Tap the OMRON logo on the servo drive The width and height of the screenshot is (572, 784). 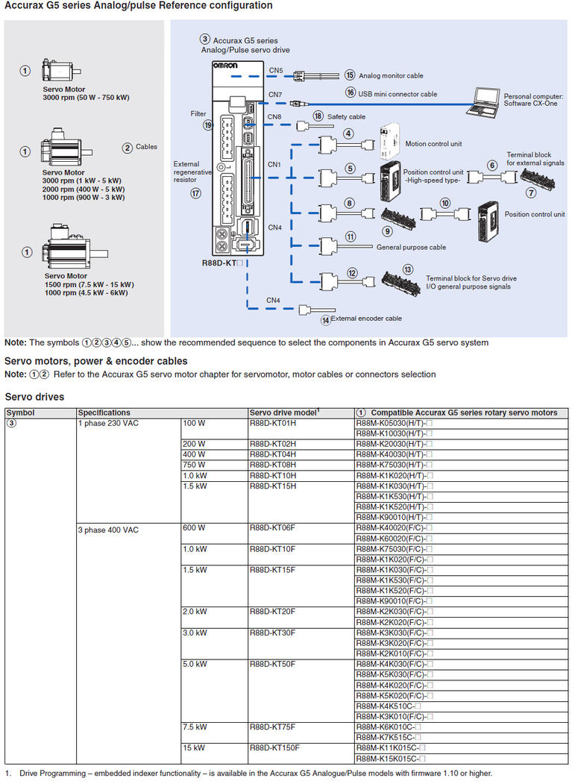(x=227, y=66)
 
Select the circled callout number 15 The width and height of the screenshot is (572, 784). (x=350, y=75)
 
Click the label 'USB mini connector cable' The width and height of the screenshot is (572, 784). (x=398, y=94)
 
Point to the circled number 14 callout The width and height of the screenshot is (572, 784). (x=325, y=320)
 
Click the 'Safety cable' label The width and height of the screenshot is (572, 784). (x=346, y=117)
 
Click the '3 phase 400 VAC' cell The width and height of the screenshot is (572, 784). (x=109, y=530)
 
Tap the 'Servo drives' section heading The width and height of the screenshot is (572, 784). (x=34, y=397)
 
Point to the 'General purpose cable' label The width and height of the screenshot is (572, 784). (x=411, y=247)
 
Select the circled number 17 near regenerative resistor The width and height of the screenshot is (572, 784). (x=196, y=192)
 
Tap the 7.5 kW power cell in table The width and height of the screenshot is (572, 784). (x=195, y=727)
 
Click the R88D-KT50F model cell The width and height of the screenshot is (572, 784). (x=273, y=664)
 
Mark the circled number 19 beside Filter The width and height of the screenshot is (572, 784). (x=208, y=125)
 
